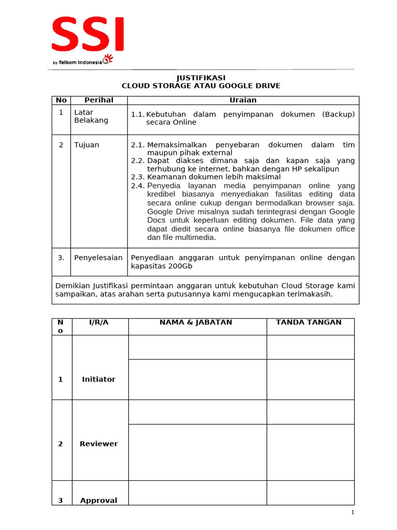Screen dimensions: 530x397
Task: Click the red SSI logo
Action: pyautogui.click(x=88, y=34)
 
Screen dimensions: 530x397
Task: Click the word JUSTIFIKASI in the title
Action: pyautogui.click(x=201, y=78)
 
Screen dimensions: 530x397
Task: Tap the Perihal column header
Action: pyautogui.click(x=99, y=100)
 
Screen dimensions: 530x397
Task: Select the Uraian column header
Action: pyautogui.click(x=242, y=100)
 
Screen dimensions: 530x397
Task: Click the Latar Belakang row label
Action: pyautogui.click(x=91, y=116)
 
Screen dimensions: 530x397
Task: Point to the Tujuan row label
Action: pyautogui.click(x=86, y=145)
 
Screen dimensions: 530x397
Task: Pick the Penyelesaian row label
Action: pyautogui.click(x=98, y=257)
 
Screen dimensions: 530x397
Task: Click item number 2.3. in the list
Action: pyautogui.click(x=138, y=177)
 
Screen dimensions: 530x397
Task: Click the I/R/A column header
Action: pyautogui.click(x=99, y=322)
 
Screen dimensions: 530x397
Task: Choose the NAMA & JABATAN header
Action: pyautogui.click(x=196, y=322)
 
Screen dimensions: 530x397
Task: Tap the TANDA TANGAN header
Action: pyautogui.click(x=309, y=322)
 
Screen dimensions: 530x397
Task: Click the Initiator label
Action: pyautogui.click(x=99, y=379)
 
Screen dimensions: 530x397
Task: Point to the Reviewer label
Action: pyautogui.click(x=99, y=444)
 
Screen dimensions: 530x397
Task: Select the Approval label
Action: pyautogui.click(x=99, y=500)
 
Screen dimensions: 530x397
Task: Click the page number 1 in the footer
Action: pyautogui.click(x=353, y=512)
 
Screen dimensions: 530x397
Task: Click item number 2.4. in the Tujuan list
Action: pyautogui.click(x=138, y=185)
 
